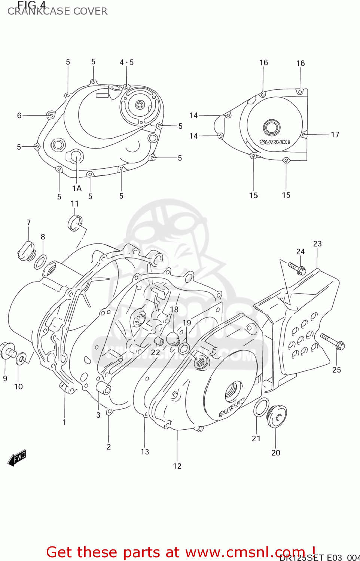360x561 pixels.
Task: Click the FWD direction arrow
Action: click(x=17, y=457)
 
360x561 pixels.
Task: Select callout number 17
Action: click(x=335, y=135)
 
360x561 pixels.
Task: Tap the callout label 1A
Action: click(x=77, y=188)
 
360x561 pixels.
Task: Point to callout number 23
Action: click(x=317, y=244)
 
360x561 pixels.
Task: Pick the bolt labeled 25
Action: click(x=333, y=341)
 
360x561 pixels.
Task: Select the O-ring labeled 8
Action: click(x=40, y=262)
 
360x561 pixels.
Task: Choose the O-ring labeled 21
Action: click(x=261, y=408)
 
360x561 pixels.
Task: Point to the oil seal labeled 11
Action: click(x=75, y=223)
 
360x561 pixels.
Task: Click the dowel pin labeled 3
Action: click(x=104, y=389)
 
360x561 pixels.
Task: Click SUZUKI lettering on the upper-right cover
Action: click(x=275, y=142)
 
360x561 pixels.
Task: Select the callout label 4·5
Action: click(x=126, y=62)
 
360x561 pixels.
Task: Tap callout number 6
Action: click(x=19, y=116)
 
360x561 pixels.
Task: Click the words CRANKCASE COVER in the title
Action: click(x=57, y=12)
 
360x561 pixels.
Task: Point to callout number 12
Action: click(x=177, y=466)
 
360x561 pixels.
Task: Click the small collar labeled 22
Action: click(x=159, y=341)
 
